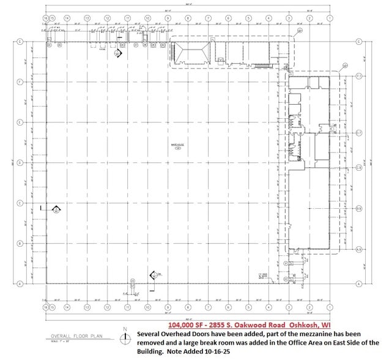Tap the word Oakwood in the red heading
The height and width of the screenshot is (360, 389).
253,324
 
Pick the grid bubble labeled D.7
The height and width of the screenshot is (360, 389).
359,133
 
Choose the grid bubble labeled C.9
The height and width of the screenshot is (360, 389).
359,167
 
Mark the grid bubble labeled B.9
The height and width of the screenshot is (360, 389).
359,209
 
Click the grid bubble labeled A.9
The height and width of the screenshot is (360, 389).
359,249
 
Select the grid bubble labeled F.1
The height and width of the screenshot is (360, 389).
359,76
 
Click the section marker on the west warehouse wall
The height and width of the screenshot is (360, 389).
56,211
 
